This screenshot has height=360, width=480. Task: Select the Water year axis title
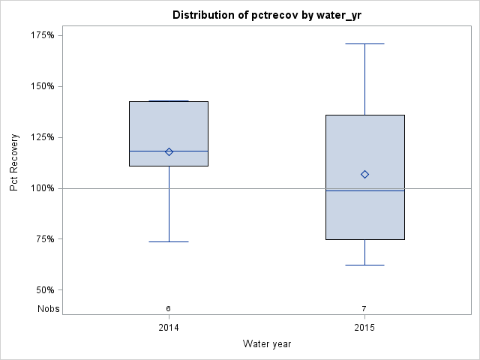(267, 344)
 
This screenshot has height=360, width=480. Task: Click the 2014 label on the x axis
(169, 328)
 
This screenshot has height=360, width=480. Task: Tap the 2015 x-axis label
(365, 328)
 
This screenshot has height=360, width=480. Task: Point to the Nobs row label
(49, 308)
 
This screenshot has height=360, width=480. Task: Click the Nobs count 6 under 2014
(169, 308)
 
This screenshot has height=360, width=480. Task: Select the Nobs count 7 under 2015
(364, 308)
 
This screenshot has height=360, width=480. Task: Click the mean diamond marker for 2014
(169, 151)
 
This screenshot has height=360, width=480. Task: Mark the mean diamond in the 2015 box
(364, 174)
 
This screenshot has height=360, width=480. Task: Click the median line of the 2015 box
(364, 190)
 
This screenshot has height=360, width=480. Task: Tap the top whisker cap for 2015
(364, 43)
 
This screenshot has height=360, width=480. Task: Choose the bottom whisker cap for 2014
(169, 241)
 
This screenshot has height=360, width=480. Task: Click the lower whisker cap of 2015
(364, 265)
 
